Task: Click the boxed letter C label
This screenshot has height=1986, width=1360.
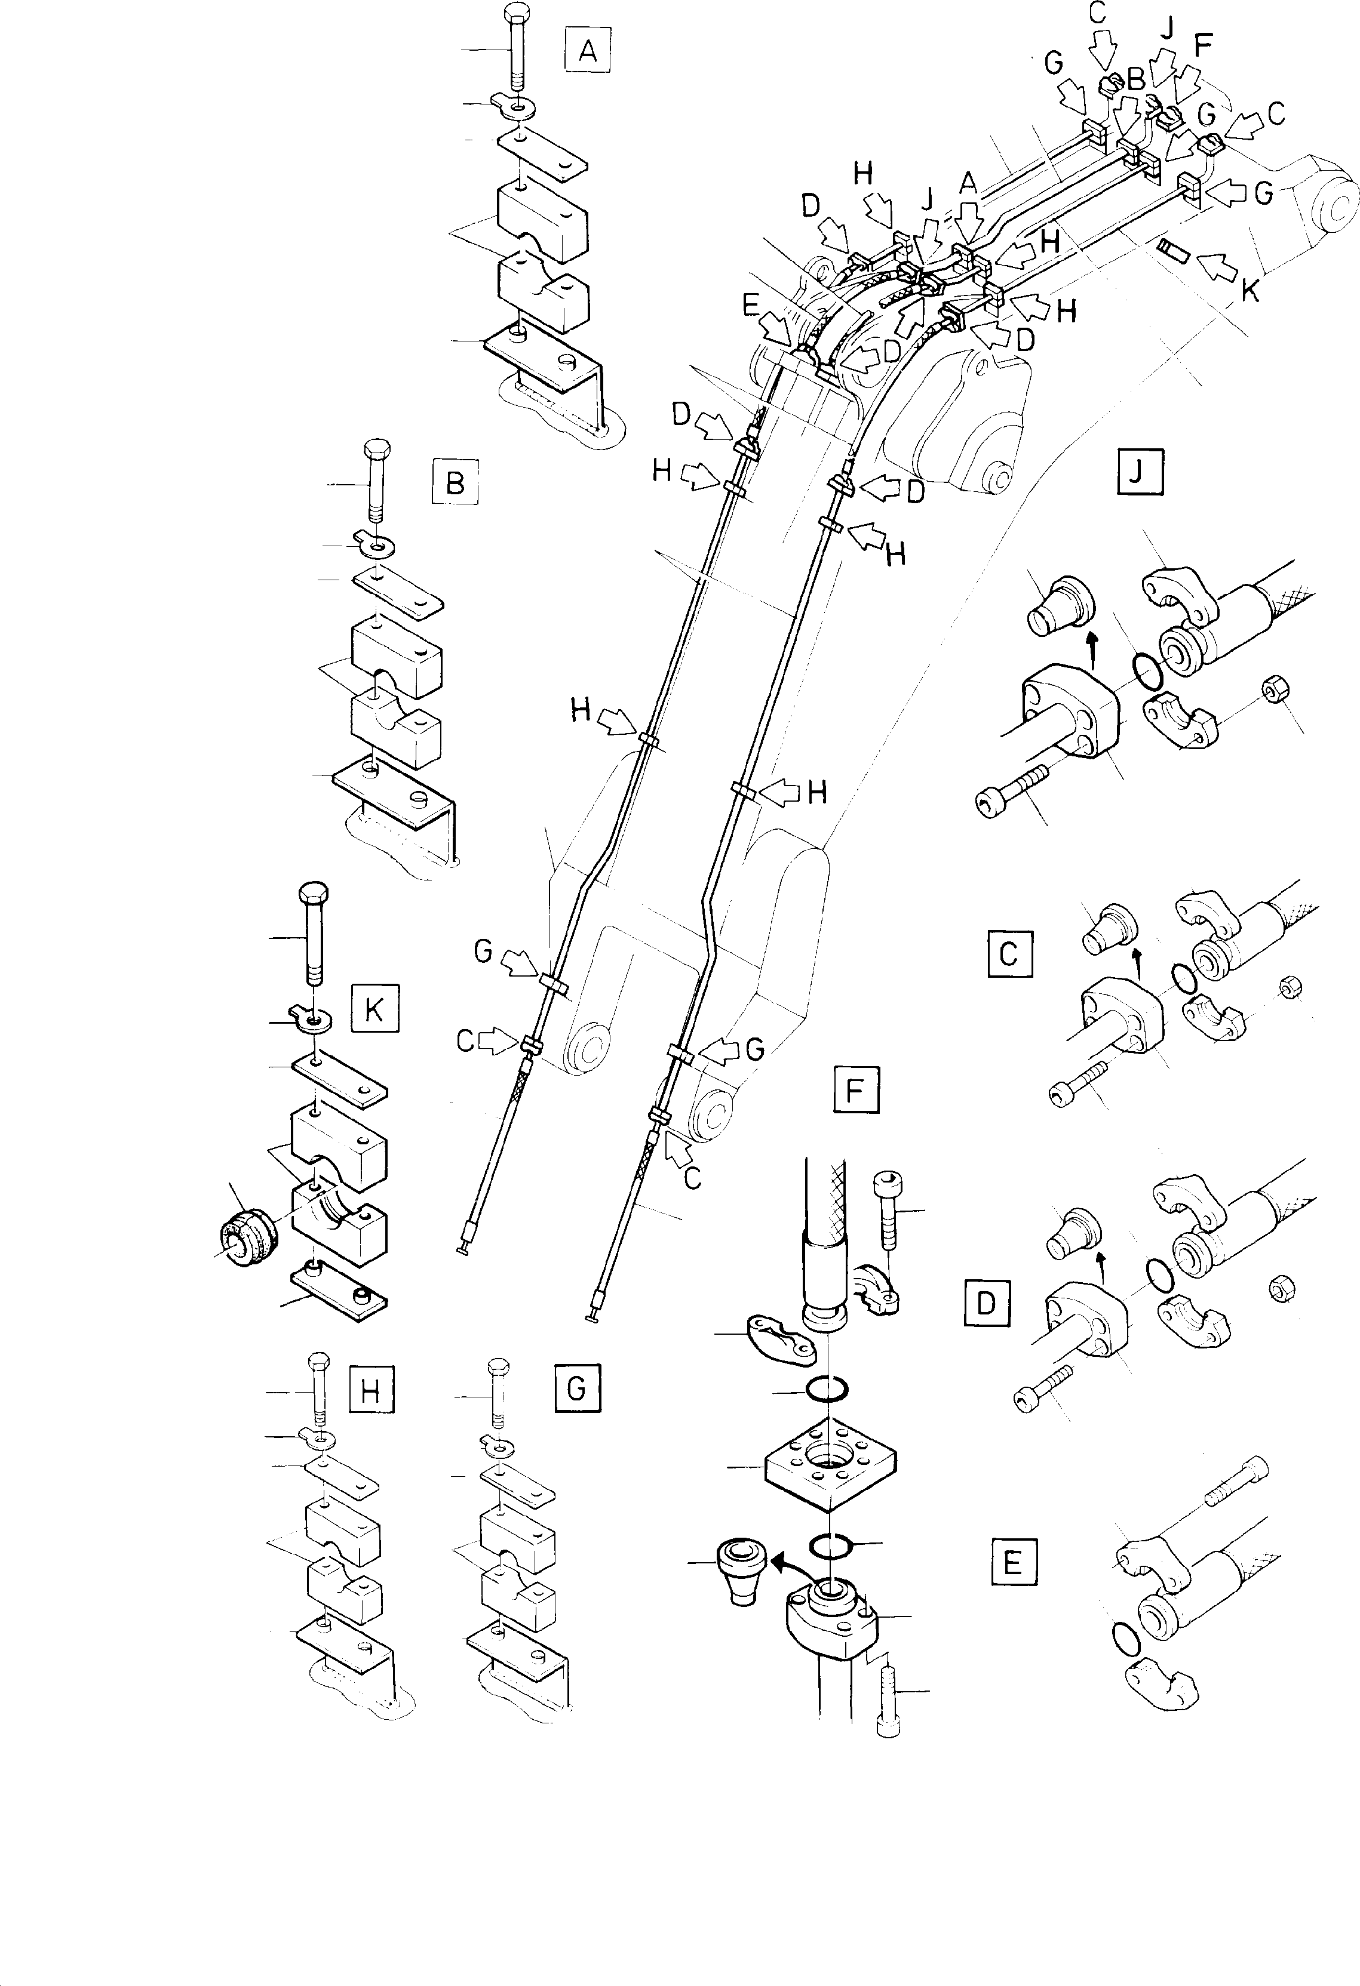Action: pyautogui.click(x=1009, y=953)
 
